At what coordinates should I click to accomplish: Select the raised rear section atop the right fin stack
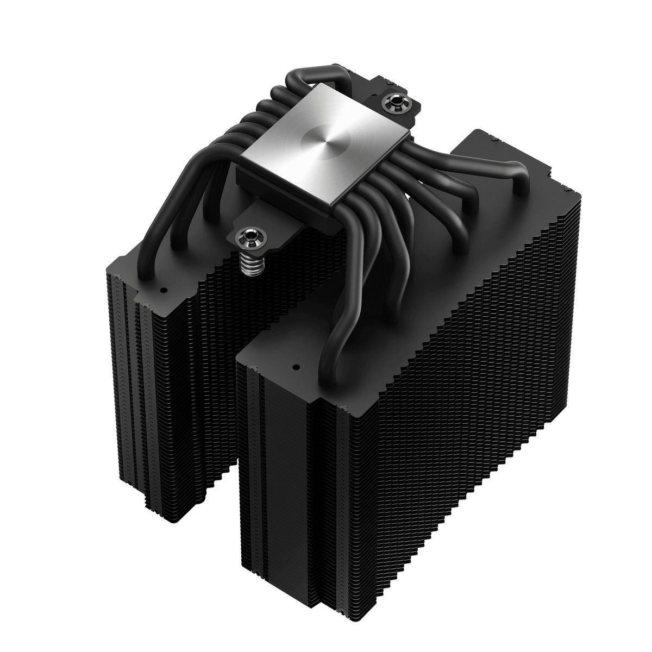coord(484,147)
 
